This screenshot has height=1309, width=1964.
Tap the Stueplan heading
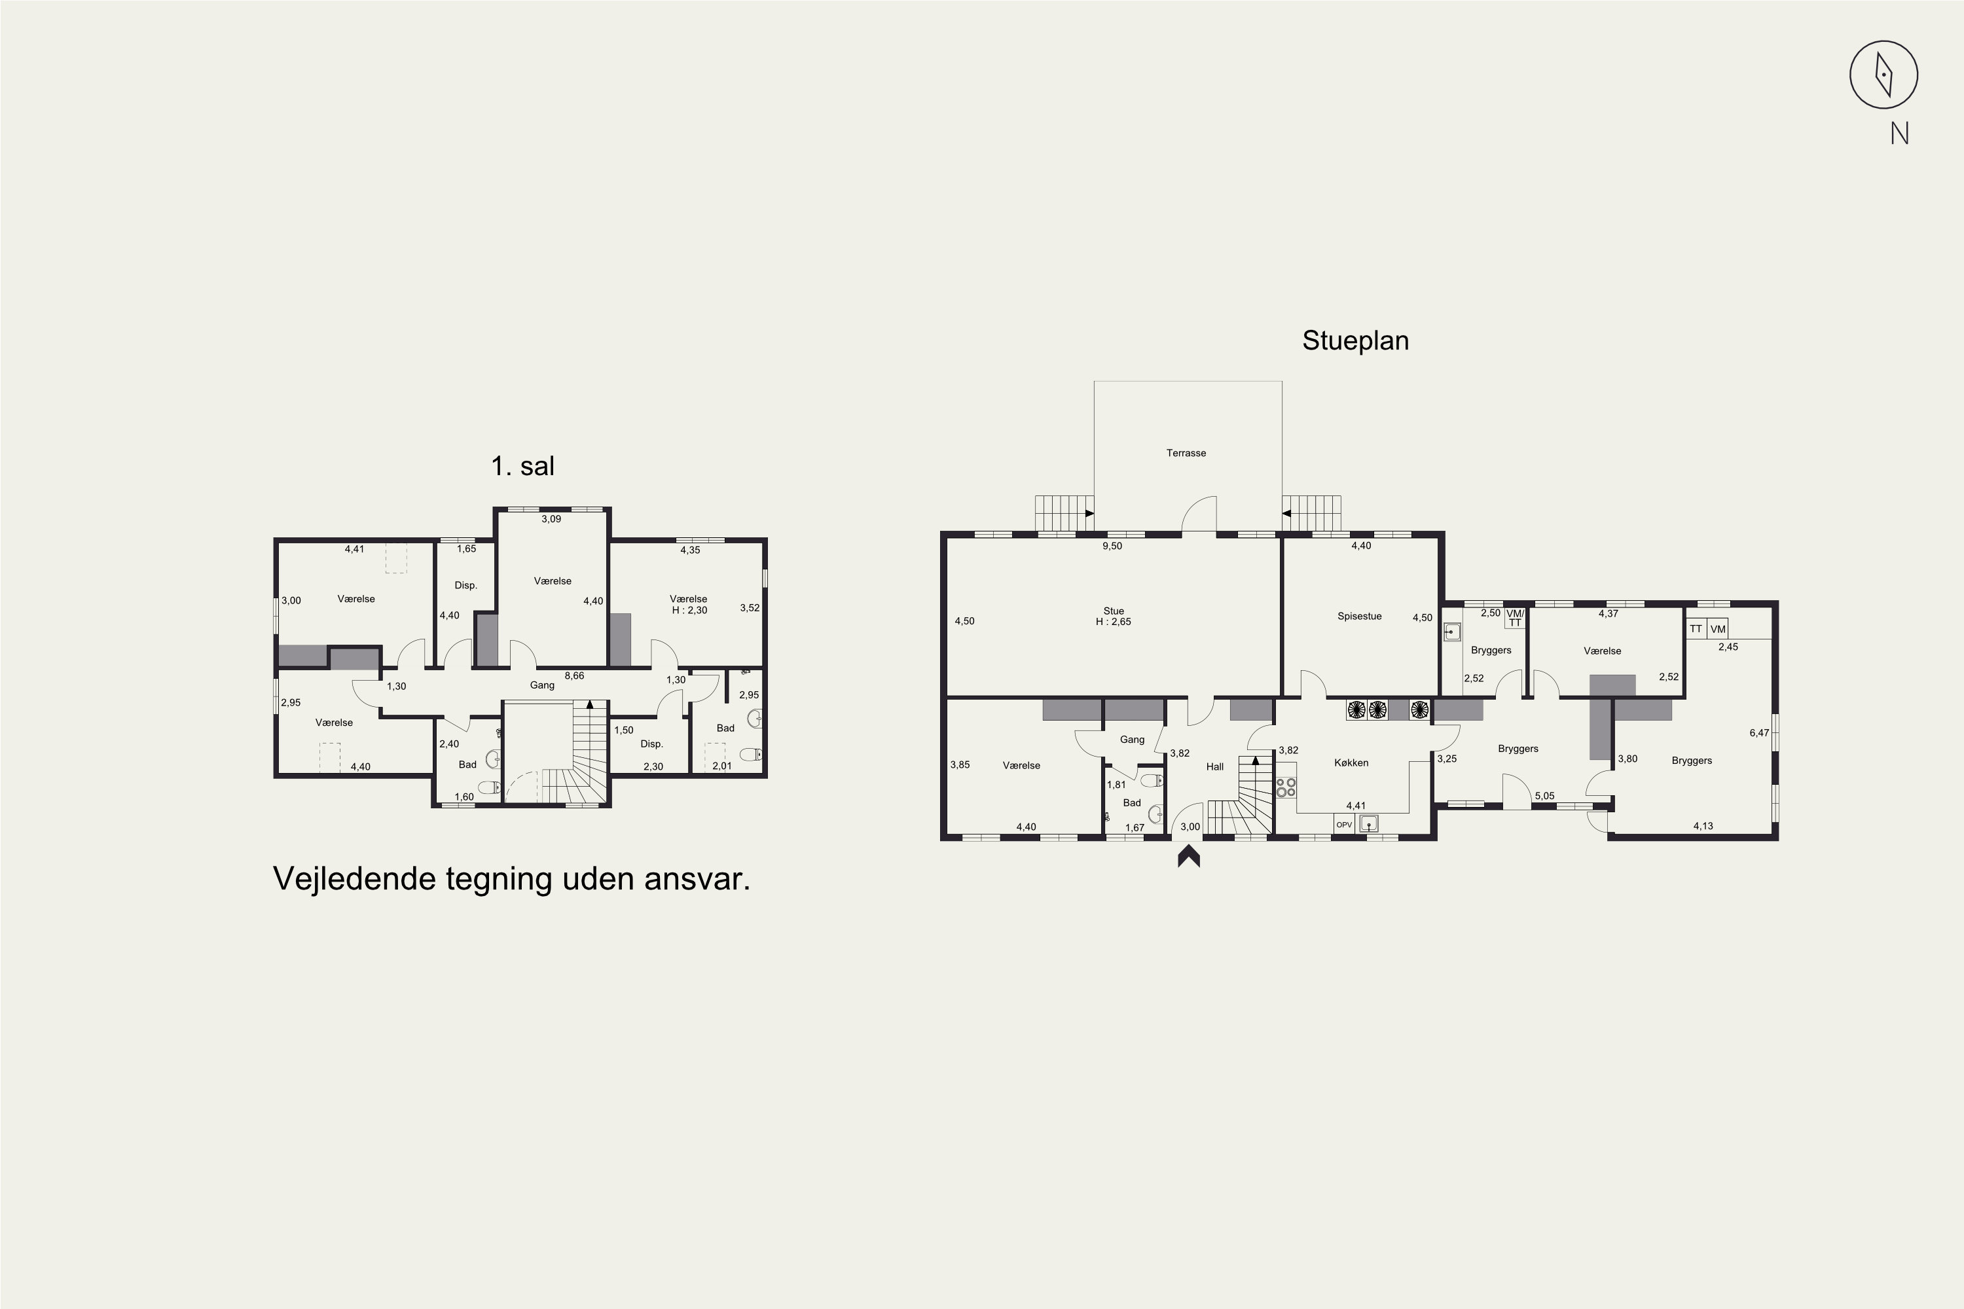[x=1355, y=340]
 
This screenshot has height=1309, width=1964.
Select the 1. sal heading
[x=522, y=466]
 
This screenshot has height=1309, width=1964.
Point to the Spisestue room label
[x=1360, y=616]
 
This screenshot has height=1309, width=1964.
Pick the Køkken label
[x=1351, y=762]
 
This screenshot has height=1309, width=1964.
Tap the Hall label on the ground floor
[x=1214, y=766]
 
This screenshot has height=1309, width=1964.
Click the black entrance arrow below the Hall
[x=1189, y=857]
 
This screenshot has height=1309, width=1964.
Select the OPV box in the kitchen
[x=1343, y=825]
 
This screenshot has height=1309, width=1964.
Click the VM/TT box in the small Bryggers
[x=1515, y=617]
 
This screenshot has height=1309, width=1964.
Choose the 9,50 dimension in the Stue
[x=1112, y=546]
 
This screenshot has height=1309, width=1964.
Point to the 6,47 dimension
[x=1760, y=733]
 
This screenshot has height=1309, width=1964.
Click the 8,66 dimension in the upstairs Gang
[x=575, y=675]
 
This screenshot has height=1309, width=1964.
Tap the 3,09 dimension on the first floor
[x=551, y=518]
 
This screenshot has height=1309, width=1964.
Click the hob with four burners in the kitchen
[x=1286, y=787]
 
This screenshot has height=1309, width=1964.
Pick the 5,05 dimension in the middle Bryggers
[x=1545, y=796]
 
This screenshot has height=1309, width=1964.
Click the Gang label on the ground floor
[x=1133, y=739]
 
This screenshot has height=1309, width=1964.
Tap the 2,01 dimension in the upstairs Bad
[x=721, y=766]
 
